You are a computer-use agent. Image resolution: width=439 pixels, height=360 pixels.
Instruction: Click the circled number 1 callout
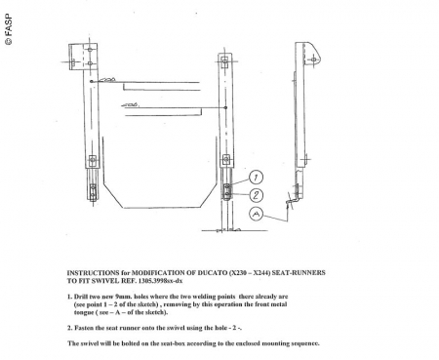[256, 178]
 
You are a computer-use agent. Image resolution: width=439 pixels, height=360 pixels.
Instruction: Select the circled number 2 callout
[257, 195]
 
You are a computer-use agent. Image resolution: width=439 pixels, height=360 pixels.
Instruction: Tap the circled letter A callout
[257, 214]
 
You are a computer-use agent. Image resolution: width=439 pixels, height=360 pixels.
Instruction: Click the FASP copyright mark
[9, 29]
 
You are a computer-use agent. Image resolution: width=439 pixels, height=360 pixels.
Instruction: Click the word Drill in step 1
[80, 297]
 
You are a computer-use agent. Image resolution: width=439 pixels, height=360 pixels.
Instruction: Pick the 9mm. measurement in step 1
[124, 297]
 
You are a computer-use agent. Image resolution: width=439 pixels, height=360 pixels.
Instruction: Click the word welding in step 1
[203, 297]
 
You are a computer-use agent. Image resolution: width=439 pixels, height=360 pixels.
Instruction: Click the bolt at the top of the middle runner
[224, 61]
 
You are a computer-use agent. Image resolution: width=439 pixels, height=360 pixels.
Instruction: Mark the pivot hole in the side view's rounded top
[314, 60]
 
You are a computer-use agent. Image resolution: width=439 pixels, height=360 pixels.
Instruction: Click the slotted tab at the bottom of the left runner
[93, 191]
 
